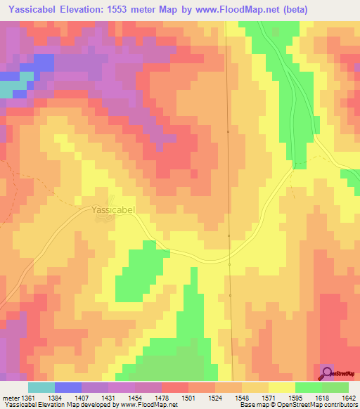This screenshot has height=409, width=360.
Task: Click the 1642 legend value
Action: pyautogui.click(x=349, y=397)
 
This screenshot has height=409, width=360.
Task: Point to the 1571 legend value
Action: pyautogui.click(x=269, y=397)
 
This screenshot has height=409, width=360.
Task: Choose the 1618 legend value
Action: pyautogui.click(x=322, y=397)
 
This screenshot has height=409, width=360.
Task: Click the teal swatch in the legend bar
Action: pyautogui.click(x=41, y=387)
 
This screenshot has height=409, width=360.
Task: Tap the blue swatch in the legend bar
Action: pyautogui.click(x=67, y=387)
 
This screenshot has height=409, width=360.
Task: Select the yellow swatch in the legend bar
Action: pyautogui.click(x=281, y=387)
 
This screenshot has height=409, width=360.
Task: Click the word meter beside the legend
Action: pyautogui.click(x=10, y=397)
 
